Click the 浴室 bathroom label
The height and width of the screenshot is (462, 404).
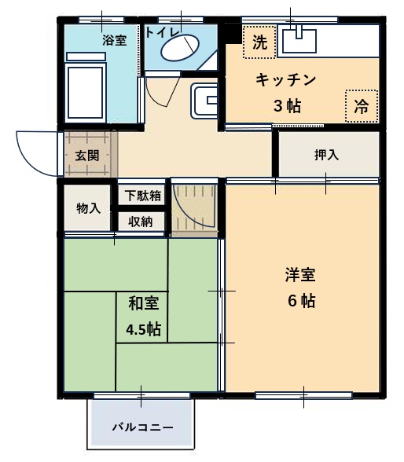114,40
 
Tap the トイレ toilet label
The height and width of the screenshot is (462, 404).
162,32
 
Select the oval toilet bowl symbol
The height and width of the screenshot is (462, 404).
180,49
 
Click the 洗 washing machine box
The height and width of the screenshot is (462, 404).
258,42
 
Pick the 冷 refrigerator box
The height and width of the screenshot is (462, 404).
361,106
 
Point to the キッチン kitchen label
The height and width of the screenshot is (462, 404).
285,79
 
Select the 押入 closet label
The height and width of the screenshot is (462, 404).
326,155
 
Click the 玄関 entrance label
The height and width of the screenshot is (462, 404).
87,155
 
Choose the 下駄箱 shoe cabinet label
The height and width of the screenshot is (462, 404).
142,196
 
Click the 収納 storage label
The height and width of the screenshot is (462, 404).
142,222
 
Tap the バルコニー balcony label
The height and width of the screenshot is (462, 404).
141,427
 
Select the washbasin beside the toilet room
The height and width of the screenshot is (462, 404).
206,100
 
